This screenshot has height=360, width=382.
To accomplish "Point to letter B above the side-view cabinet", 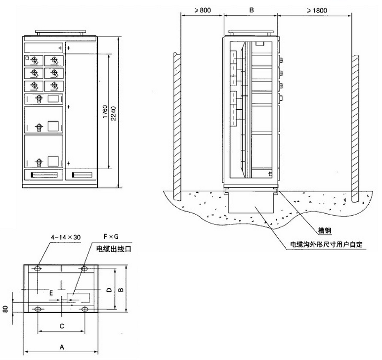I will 251,9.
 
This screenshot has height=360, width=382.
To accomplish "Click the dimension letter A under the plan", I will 61,348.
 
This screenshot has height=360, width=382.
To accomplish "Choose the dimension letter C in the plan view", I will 61,326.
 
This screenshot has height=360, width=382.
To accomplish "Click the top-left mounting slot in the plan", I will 38,269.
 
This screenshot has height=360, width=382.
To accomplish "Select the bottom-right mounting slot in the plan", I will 85,309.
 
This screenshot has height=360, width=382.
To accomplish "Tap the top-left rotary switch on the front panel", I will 34,60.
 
